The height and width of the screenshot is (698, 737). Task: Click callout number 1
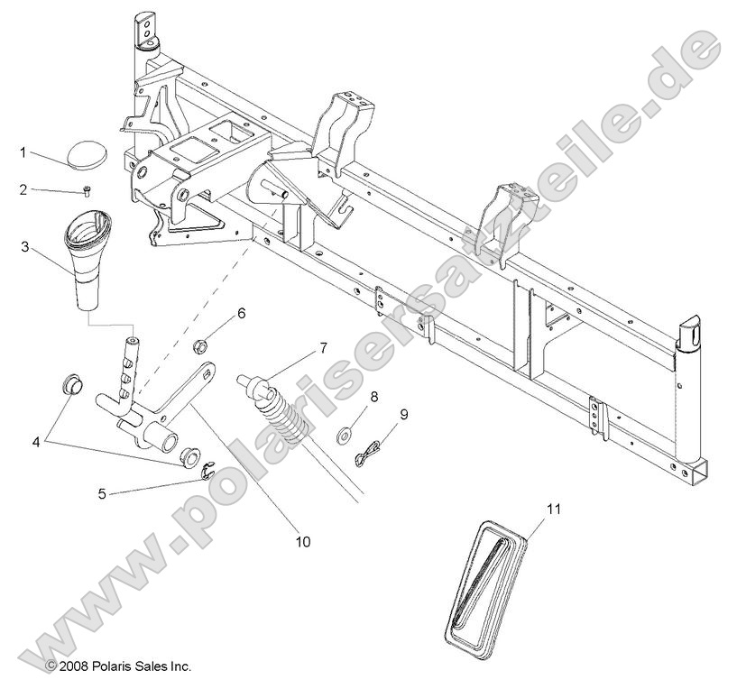point(23,152)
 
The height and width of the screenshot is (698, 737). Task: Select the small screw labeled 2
point(87,190)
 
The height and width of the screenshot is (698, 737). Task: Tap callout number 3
point(23,245)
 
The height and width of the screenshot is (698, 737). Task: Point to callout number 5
point(102,493)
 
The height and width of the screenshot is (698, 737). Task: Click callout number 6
point(242,314)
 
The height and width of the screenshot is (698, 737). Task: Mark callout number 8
point(374,395)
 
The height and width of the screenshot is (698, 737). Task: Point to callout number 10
point(302,542)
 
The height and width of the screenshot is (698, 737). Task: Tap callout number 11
point(553,510)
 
